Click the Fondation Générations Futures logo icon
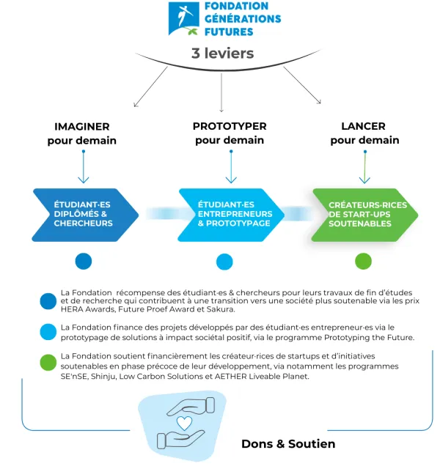(183, 19)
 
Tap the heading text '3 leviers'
(222, 53)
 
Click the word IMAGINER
(82, 126)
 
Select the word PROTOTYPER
(230, 126)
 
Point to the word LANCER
(364, 126)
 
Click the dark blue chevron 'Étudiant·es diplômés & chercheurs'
(84, 214)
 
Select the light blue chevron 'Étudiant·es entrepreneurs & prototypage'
(230, 214)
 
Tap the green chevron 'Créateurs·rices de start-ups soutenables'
(364, 214)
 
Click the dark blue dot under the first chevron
(83, 261)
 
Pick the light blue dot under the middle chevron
(224, 262)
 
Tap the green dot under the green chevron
(363, 261)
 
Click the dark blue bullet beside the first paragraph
(48, 300)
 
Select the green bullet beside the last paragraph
(48, 363)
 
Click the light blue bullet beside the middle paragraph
(48, 332)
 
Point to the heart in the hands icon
(185, 423)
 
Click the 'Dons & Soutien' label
(288, 443)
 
